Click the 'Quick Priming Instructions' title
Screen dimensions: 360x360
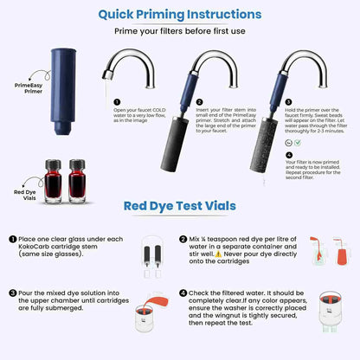pos(179,14)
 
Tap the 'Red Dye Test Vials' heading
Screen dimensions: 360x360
pos(179,207)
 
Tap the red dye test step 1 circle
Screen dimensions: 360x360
pos(13,238)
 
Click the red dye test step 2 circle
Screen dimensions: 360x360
pos(183,238)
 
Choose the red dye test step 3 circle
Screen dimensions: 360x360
pos(13,292)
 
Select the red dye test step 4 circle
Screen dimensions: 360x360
pos(183,292)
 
